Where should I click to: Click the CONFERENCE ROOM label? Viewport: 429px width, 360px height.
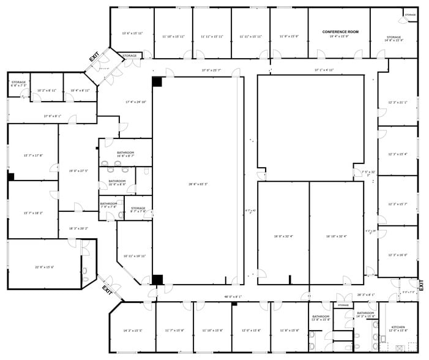(340, 31)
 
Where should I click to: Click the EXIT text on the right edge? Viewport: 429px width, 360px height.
(421, 285)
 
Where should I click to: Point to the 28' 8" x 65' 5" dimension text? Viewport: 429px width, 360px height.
(198, 184)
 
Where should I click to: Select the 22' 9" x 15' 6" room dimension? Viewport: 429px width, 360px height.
(44, 266)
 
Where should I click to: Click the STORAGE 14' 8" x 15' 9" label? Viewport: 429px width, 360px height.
(394, 38)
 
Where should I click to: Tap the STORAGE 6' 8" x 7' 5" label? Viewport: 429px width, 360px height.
(18, 84)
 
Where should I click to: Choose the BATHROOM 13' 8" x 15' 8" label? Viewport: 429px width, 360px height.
(321, 318)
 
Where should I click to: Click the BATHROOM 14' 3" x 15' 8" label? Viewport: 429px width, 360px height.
(365, 315)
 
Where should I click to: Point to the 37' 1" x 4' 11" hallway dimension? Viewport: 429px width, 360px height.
(324, 70)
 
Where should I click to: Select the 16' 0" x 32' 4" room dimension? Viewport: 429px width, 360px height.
(283, 236)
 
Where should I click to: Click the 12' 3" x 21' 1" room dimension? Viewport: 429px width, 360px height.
(397, 102)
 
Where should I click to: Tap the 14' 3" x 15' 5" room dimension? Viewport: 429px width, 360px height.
(132, 331)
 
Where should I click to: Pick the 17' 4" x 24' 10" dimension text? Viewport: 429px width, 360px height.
(136, 102)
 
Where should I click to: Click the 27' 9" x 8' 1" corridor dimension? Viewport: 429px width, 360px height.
(52, 116)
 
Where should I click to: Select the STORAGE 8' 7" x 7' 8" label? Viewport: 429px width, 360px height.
(138, 210)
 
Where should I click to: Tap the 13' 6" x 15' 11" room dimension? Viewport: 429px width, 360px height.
(132, 33)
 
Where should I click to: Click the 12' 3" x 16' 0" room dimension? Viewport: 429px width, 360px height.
(397, 255)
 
